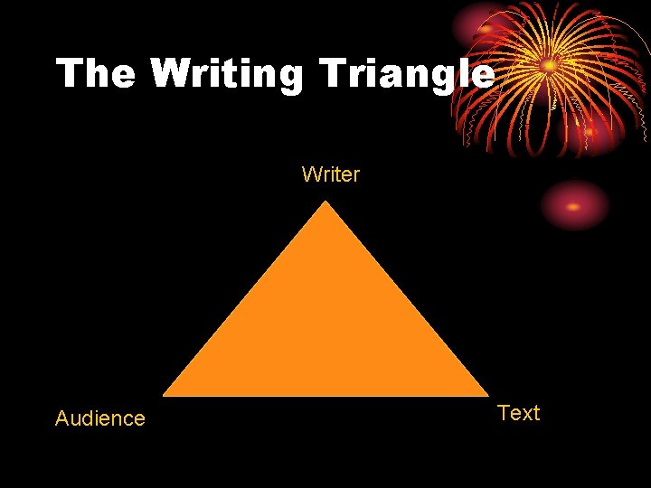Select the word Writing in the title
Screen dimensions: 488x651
point(227,74)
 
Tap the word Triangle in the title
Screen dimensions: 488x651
point(405,74)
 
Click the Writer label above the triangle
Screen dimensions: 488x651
point(331,174)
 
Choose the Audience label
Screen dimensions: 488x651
point(99,418)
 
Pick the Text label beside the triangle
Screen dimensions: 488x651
point(518,413)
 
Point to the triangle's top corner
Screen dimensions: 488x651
point(325,202)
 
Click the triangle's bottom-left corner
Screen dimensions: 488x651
point(164,395)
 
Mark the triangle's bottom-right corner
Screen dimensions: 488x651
point(487,395)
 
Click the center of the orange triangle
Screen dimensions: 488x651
point(325,330)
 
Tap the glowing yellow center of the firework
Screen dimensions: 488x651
point(549,65)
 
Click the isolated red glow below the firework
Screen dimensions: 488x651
point(574,206)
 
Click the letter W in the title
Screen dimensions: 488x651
point(172,74)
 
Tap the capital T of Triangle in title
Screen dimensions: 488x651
point(331,74)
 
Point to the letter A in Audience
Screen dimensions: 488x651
point(62,418)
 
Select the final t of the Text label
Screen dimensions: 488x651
point(536,414)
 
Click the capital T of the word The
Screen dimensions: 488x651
point(71,74)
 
